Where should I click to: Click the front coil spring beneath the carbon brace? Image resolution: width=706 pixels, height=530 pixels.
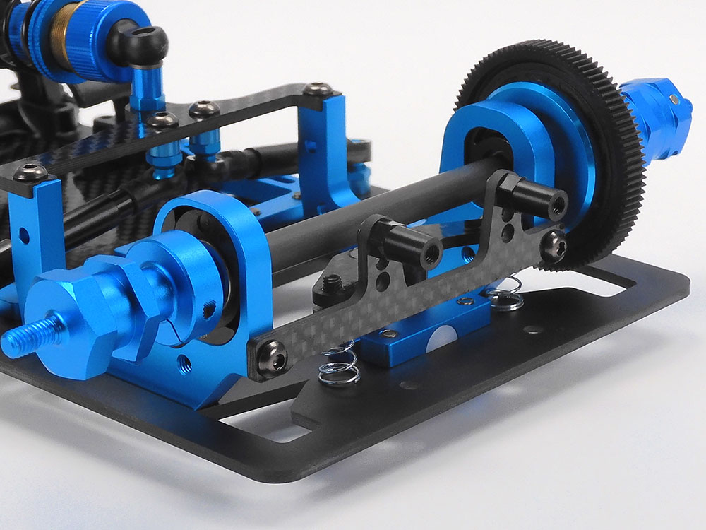tap(337, 365)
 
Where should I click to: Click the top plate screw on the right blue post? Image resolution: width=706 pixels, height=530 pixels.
tap(317, 89)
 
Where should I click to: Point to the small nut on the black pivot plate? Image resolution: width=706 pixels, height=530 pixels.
tap(331, 283)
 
